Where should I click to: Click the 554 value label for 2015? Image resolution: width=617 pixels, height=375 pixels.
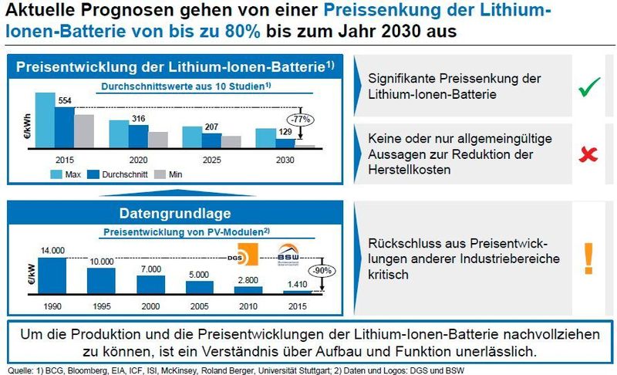[65, 101]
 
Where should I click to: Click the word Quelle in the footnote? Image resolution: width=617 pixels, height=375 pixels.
[18, 369]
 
